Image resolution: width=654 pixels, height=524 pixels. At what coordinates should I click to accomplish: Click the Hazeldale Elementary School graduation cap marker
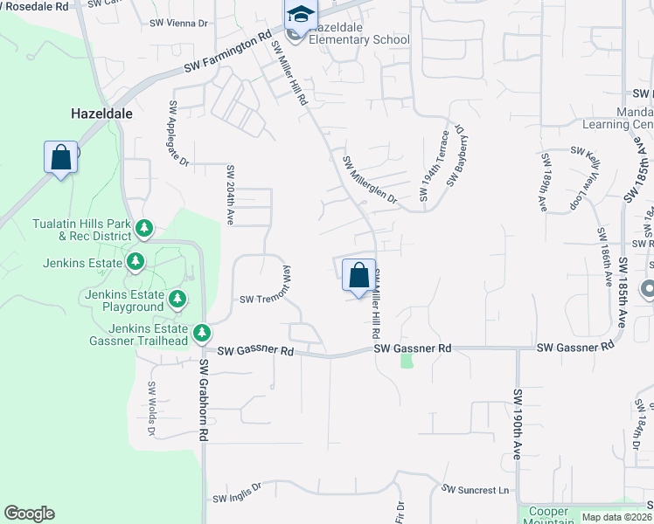[x=300, y=16]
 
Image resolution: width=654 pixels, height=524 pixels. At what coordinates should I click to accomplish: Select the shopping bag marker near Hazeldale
[x=60, y=158]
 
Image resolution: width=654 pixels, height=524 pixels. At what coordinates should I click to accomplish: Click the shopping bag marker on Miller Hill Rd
[x=358, y=276]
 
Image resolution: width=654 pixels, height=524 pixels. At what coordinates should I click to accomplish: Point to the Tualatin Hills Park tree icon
[x=144, y=230]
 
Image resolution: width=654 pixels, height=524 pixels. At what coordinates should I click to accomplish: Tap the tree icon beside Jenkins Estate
[x=136, y=261]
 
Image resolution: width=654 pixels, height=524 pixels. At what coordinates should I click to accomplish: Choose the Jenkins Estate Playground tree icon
[x=177, y=300]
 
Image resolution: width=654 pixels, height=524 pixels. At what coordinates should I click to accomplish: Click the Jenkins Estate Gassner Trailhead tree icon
[x=202, y=334]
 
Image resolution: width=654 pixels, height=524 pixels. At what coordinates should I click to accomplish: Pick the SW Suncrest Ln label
[x=475, y=490]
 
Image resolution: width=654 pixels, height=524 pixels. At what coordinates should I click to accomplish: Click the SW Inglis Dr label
[x=237, y=493]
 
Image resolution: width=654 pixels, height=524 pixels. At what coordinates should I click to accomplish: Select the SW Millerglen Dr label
[x=370, y=181]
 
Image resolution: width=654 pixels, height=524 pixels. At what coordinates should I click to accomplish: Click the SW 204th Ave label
[x=231, y=195]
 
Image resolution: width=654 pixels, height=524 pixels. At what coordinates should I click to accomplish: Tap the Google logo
[x=30, y=514]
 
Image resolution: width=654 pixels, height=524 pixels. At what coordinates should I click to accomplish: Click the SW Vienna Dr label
[x=178, y=24]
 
